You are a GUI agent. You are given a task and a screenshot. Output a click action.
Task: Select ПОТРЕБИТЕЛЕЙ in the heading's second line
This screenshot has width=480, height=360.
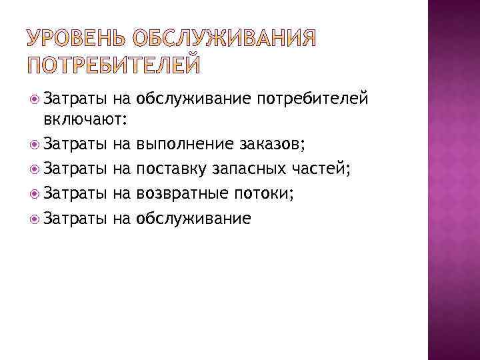[x=113, y=65]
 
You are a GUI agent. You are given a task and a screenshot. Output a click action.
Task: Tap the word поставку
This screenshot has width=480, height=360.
[x=172, y=169]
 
